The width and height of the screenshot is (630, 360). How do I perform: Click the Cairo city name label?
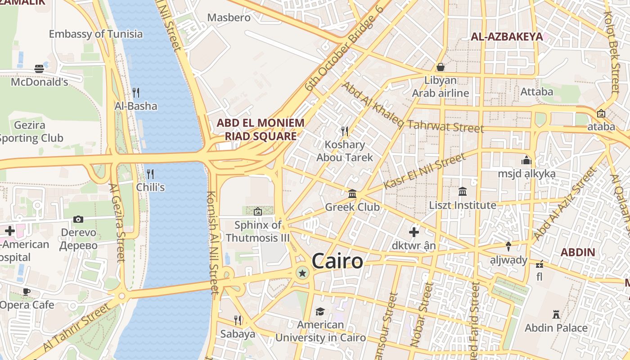click(337, 261)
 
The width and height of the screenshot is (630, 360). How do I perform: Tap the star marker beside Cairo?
click(302, 273)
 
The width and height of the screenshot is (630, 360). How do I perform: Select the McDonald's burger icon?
click(39, 69)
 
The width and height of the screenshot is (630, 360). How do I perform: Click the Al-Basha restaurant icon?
click(136, 93)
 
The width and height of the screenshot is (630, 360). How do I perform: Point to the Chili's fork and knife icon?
click(150, 174)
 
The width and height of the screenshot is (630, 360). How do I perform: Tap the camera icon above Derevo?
click(78, 219)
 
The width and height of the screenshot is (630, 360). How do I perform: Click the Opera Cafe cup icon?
click(27, 292)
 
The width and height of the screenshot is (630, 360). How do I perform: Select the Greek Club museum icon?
click(352, 194)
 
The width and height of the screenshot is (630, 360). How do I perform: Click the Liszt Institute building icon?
click(462, 192)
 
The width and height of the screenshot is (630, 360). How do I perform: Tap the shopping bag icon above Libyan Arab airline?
click(441, 67)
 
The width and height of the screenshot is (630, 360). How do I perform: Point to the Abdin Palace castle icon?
click(556, 315)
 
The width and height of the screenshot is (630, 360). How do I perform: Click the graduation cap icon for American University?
click(320, 311)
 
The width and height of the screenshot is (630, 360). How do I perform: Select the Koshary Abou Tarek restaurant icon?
click(345, 131)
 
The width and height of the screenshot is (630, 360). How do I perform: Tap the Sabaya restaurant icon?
click(238, 320)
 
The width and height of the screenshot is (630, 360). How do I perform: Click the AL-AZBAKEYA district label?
click(507, 37)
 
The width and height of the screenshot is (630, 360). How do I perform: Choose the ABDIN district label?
click(578, 252)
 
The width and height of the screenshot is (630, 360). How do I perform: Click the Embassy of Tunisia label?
click(95, 34)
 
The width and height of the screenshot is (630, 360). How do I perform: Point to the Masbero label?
click(229, 18)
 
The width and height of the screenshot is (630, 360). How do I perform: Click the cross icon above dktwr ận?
click(414, 232)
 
